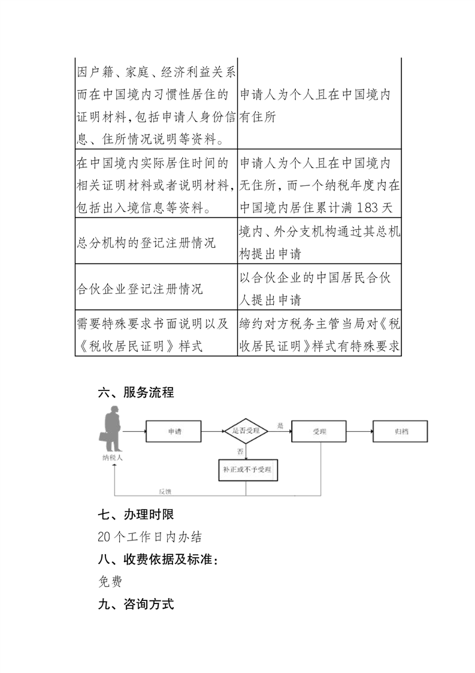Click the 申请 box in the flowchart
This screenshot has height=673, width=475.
pos(175,431)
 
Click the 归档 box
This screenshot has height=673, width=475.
pos(401,431)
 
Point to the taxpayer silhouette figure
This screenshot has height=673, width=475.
pos(112,429)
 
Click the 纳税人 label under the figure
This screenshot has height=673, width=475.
pos(112,458)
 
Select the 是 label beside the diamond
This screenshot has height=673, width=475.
pos(280,425)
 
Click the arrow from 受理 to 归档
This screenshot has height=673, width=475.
pos(360,431)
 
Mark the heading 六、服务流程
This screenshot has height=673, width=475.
pos(135,393)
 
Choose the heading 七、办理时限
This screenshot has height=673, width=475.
pos(135,515)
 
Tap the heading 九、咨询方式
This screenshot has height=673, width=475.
pos(135,604)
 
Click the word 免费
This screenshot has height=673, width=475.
pos(109,582)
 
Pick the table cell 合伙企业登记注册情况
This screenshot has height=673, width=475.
pos(141,289)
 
